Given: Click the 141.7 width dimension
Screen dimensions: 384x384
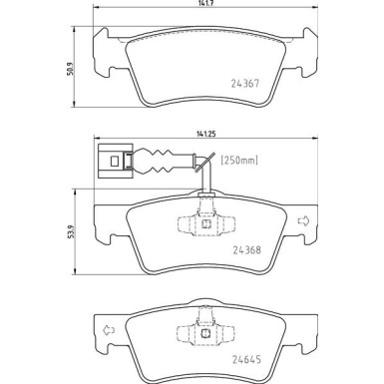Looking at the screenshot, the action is click(205, 3).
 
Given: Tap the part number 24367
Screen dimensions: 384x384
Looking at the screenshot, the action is click(245, 84).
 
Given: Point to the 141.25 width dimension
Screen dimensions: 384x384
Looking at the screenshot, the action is click(206, 134).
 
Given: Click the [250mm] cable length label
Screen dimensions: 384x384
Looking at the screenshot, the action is click(239, 161).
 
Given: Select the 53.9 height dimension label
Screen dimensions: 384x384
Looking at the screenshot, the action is click(69, 231).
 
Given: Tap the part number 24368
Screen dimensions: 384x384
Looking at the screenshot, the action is click(246, 250).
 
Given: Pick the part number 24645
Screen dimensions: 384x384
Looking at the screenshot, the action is click(246, 360).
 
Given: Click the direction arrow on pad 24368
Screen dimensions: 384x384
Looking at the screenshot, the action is click(303, 221).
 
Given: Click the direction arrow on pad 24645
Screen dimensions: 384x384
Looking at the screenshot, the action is click(109, 330).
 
